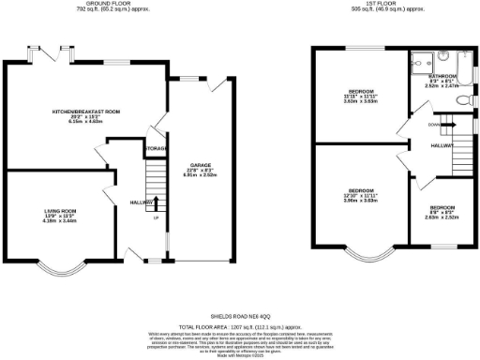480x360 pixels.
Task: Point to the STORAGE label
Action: pos(156,149)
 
